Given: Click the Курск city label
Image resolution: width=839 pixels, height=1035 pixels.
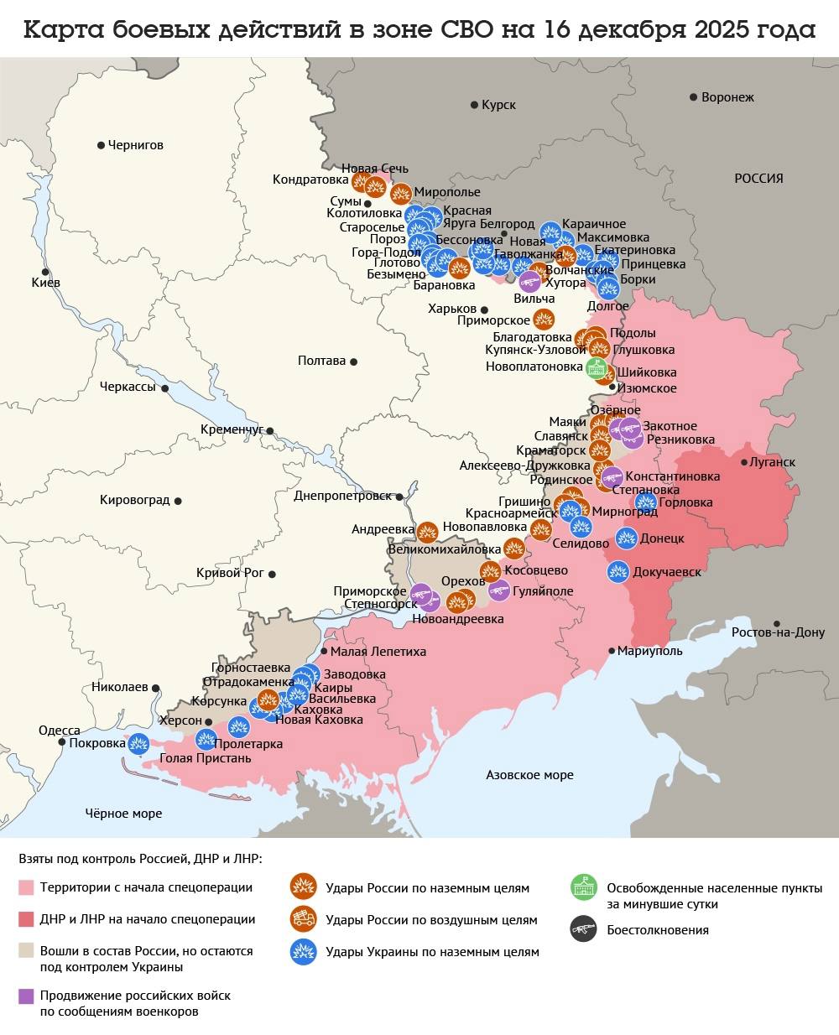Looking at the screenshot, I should click(498, 105).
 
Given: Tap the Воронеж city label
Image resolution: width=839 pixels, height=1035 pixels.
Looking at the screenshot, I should click(727, 97).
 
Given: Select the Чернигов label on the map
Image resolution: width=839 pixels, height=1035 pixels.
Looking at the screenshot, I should click(136, 145).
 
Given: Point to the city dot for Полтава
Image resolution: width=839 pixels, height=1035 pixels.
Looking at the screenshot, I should click(354, 361).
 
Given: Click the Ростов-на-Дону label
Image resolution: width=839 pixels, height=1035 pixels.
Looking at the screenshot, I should click(778, 632).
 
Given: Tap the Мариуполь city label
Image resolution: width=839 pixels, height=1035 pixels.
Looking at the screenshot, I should click(650, 651).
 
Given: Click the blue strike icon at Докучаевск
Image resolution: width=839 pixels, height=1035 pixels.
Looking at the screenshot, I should click(618, 572).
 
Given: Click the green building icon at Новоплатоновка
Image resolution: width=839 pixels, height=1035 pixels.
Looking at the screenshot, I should click(596, 367).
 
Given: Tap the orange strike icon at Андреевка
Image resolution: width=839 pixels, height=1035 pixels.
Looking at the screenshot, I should click(427, 531).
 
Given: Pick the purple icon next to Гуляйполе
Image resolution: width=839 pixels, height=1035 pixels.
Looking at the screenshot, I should click(499, 590).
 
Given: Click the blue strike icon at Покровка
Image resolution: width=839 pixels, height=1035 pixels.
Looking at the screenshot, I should click(138, 742).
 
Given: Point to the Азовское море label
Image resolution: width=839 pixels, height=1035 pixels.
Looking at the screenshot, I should click(529, 775).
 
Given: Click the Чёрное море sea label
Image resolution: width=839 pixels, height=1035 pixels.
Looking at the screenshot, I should click(123, 813).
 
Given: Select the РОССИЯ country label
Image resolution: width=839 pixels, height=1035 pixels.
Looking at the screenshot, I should click(758, 179).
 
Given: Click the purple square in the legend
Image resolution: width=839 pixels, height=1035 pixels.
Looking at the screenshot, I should click(26, 996).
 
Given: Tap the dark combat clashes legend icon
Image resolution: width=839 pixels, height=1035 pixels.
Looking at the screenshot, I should click(582, 929).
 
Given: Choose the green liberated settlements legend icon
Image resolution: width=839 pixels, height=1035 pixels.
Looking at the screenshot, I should click(582, 887).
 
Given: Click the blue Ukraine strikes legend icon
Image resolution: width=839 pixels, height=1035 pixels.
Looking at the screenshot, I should click(302, 952).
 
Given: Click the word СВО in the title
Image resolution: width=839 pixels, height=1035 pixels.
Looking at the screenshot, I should click(467, 30).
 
